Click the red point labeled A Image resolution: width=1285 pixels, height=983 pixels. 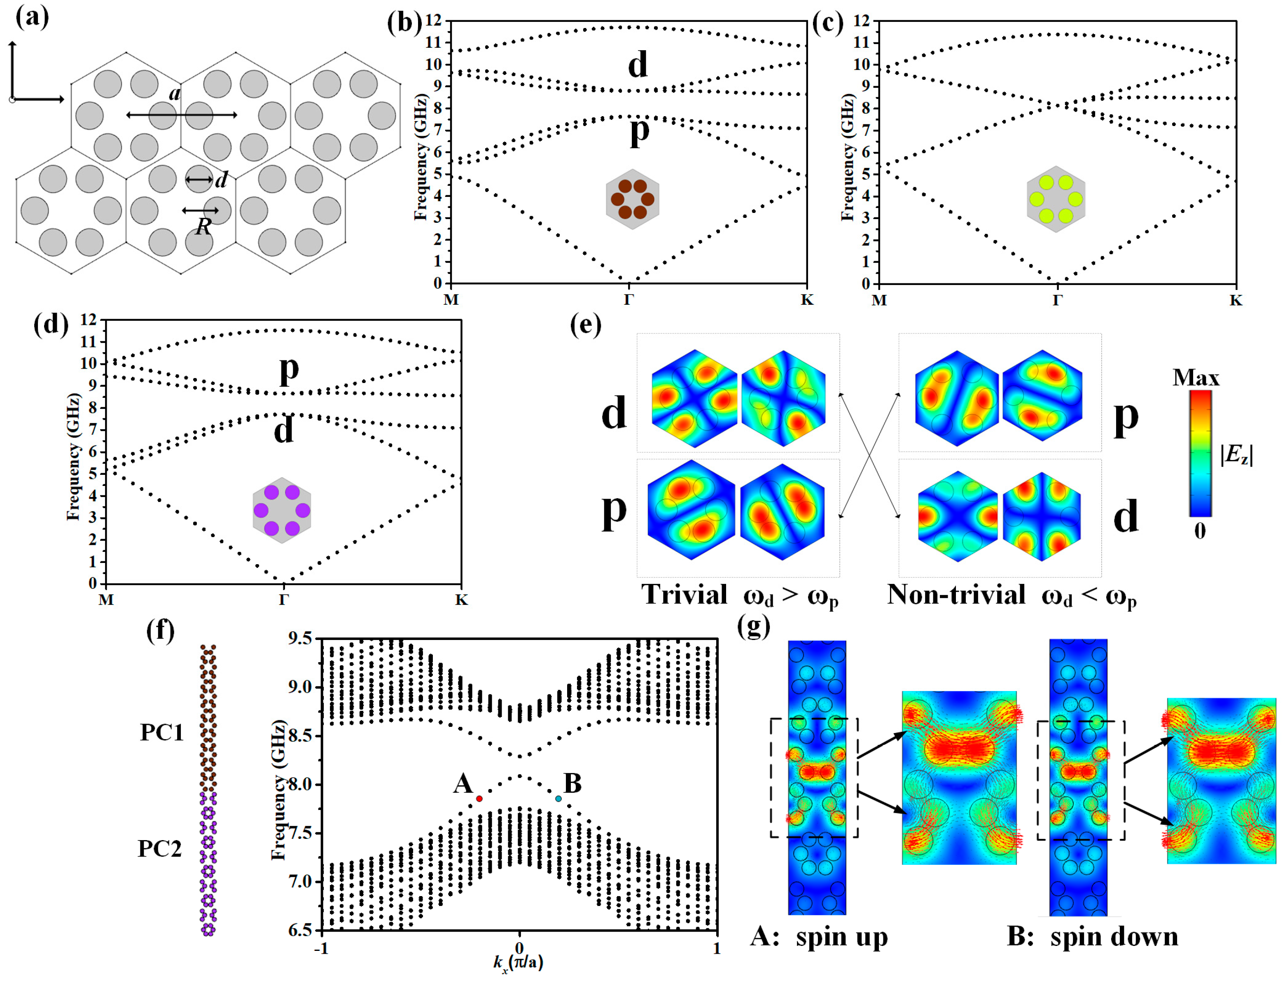click(479, 799)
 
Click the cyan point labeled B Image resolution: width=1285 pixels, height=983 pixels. click(558, 799)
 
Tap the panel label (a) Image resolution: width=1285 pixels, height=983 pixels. click(32, 18)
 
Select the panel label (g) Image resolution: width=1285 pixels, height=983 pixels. click(754, 627)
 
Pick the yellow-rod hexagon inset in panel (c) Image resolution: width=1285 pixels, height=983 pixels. click(1056, 199)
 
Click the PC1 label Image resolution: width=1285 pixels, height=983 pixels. click(161, 733)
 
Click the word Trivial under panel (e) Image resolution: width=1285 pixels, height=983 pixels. click(685, 595)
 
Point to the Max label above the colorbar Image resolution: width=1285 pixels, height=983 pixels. click(1196, 378)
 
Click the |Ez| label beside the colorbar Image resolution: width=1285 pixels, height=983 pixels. click(1236, 455)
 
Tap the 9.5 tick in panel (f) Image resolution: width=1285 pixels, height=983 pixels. click(302, 638)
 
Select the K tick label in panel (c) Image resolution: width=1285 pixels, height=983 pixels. click(1235, 301)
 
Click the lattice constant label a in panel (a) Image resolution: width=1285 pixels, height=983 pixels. click(174, 93)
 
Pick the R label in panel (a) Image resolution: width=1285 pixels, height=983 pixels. click(203, 226)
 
